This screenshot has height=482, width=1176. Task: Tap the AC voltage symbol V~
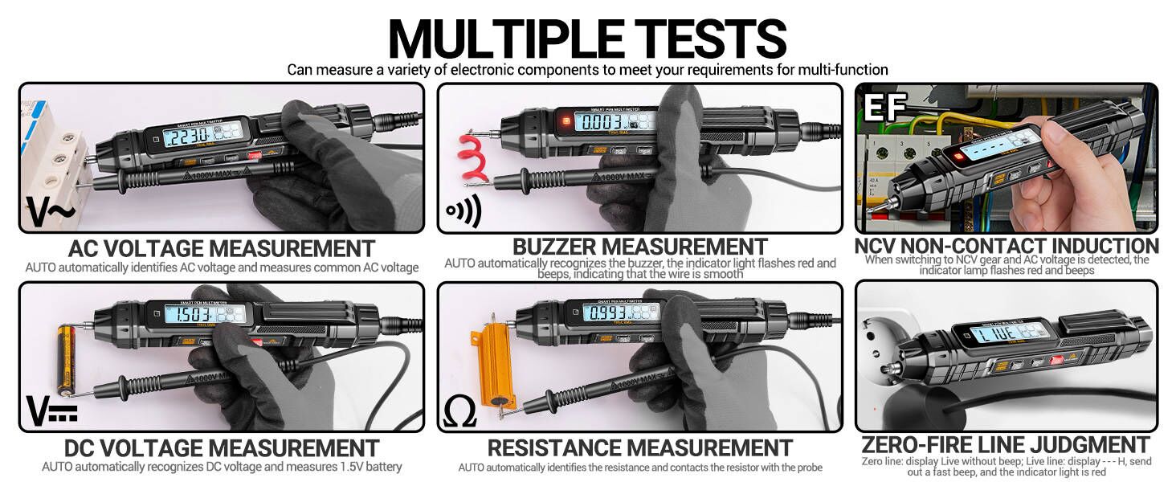click(x=50, y=212)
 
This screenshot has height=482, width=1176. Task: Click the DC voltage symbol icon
click(x=52, y=410)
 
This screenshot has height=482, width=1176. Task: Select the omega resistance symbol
click(x=460, y=411)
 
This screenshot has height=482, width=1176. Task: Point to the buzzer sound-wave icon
click(x=463, y=212)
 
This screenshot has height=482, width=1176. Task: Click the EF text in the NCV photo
click(x=884, y=107)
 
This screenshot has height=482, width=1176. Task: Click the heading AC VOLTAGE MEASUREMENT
click(x=221, y=247)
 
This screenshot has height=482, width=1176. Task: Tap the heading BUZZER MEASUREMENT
click(x=639, y=246)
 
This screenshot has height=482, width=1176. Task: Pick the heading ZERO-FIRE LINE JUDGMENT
click(x=1005, y=445)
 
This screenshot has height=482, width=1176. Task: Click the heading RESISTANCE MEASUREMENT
click(x=639, y=447)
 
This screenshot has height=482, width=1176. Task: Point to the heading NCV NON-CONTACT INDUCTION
click(x=1007, y=245)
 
